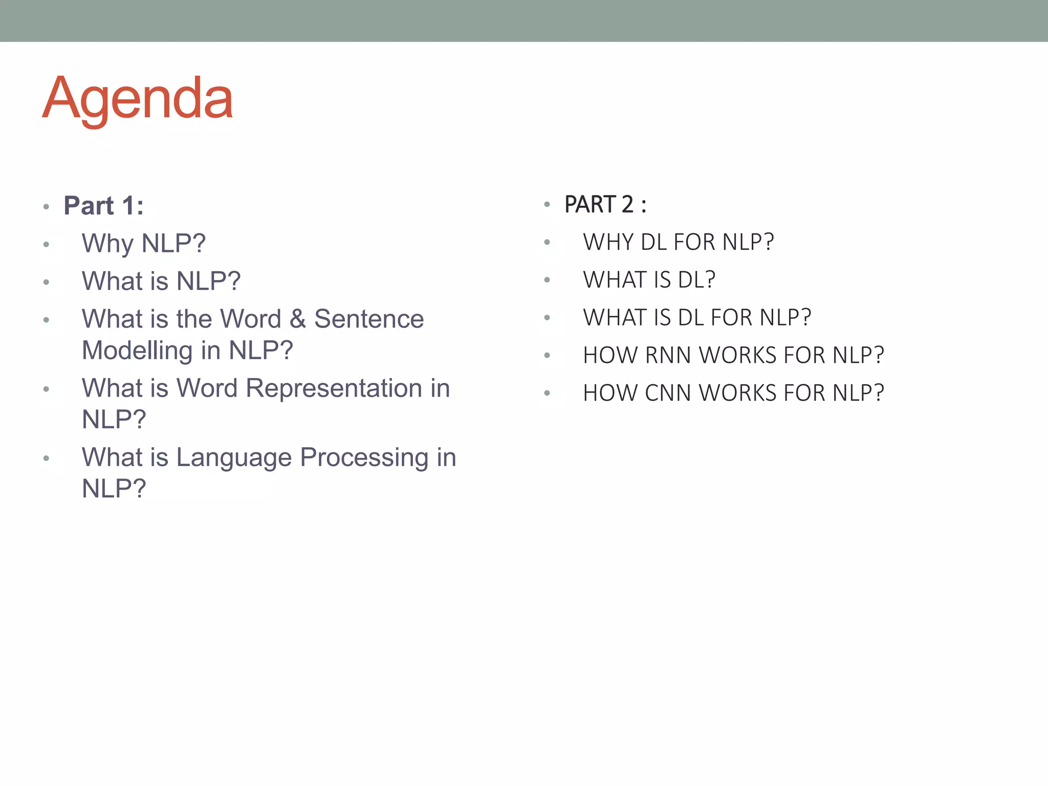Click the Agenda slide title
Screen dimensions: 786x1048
(137, 98)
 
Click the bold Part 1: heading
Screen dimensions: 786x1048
(103, 206)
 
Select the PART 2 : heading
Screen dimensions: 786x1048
(605, 205)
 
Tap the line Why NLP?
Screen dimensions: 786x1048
(143, 244)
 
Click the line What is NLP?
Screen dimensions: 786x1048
(161, 281)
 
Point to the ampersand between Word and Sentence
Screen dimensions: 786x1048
(297, 319)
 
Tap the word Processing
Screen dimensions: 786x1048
(364, 457)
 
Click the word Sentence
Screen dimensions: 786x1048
(369, 319)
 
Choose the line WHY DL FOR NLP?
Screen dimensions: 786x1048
(678, 242)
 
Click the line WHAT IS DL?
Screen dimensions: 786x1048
(649, 280)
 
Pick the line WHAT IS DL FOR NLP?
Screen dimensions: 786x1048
(697, 317)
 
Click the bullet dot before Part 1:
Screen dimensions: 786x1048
(47, 207)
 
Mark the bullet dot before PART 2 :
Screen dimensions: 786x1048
(547, 205)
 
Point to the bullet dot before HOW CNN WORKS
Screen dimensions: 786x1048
(547, 393)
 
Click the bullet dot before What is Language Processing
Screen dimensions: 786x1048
(47, 458)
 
